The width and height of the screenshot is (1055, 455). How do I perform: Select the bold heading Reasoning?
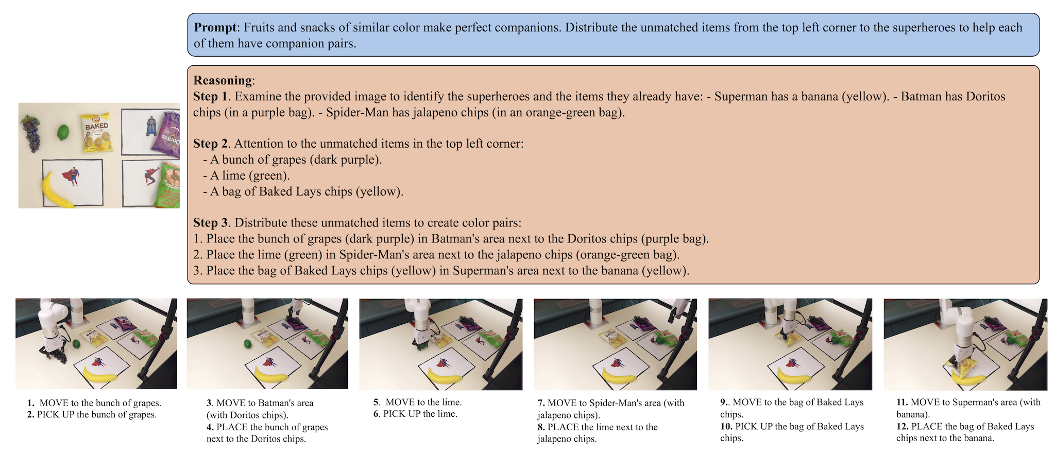pyautogui.click(x=223, y=80)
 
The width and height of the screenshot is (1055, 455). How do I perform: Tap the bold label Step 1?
pyautogui.click(x=211, y=96)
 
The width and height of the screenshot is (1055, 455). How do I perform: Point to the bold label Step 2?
pyautogui.click(x=211, y=144)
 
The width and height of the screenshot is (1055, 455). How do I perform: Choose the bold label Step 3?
pyautogui.click(x=211, y=223)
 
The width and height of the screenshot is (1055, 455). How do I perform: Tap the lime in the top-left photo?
pyautogui.click(x=63, y=132)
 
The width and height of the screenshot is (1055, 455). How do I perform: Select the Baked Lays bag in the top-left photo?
pyautogui.click(x=96, y=132)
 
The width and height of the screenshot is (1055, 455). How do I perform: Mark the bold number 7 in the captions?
pyautogui.click(x=541, y=403)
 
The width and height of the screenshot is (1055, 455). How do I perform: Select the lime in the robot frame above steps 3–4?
pyautogui.click(x=247, y=343)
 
